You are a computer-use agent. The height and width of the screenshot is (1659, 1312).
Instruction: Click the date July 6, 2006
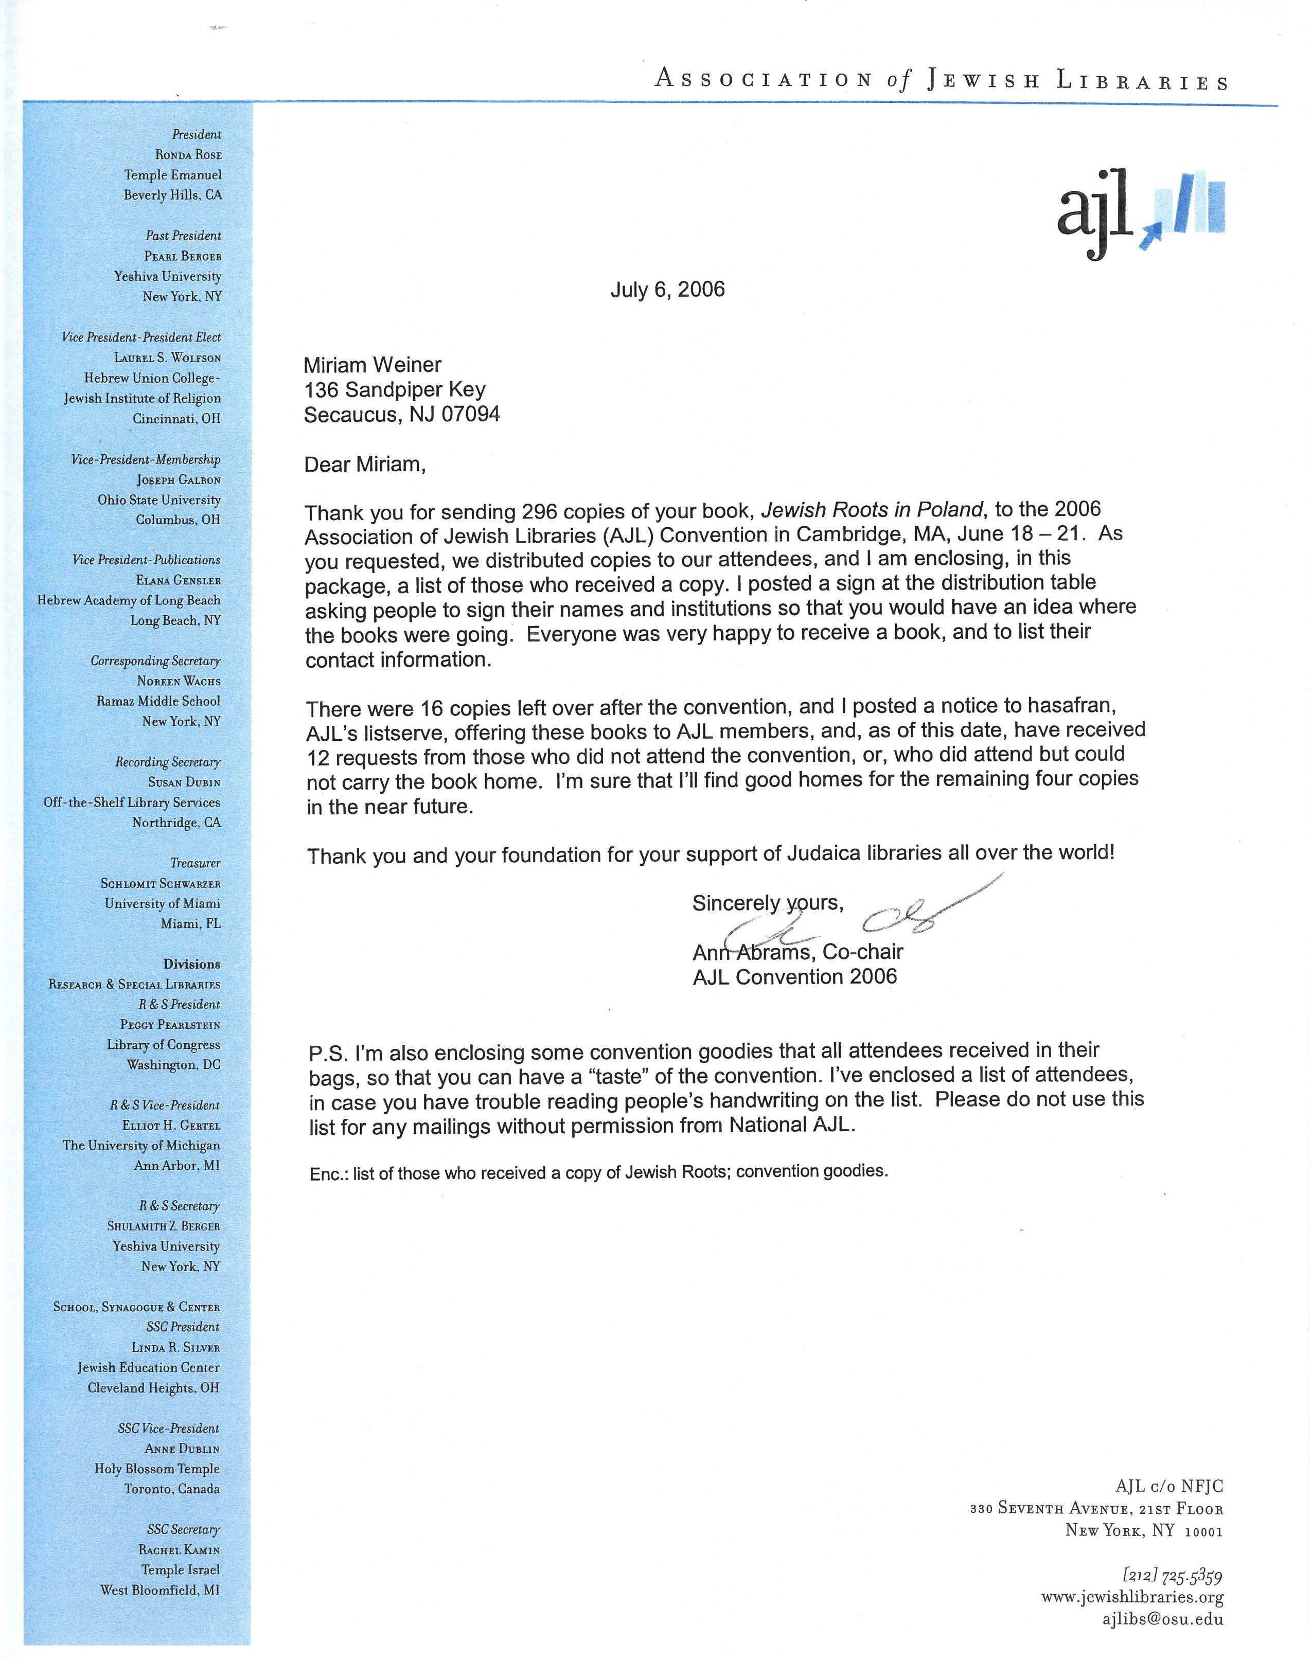point(667,290)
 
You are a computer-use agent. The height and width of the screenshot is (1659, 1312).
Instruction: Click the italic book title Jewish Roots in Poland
point(872,509)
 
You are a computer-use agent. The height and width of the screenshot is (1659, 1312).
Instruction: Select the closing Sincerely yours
point(767,903)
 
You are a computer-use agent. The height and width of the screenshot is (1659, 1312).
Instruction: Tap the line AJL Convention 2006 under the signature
point(794,977)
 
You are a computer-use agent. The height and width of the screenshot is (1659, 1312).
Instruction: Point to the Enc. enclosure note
point(329,1173)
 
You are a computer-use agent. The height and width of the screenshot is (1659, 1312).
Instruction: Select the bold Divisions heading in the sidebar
point(191,964)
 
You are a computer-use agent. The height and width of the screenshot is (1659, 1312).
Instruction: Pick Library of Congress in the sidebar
point(163,1045)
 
